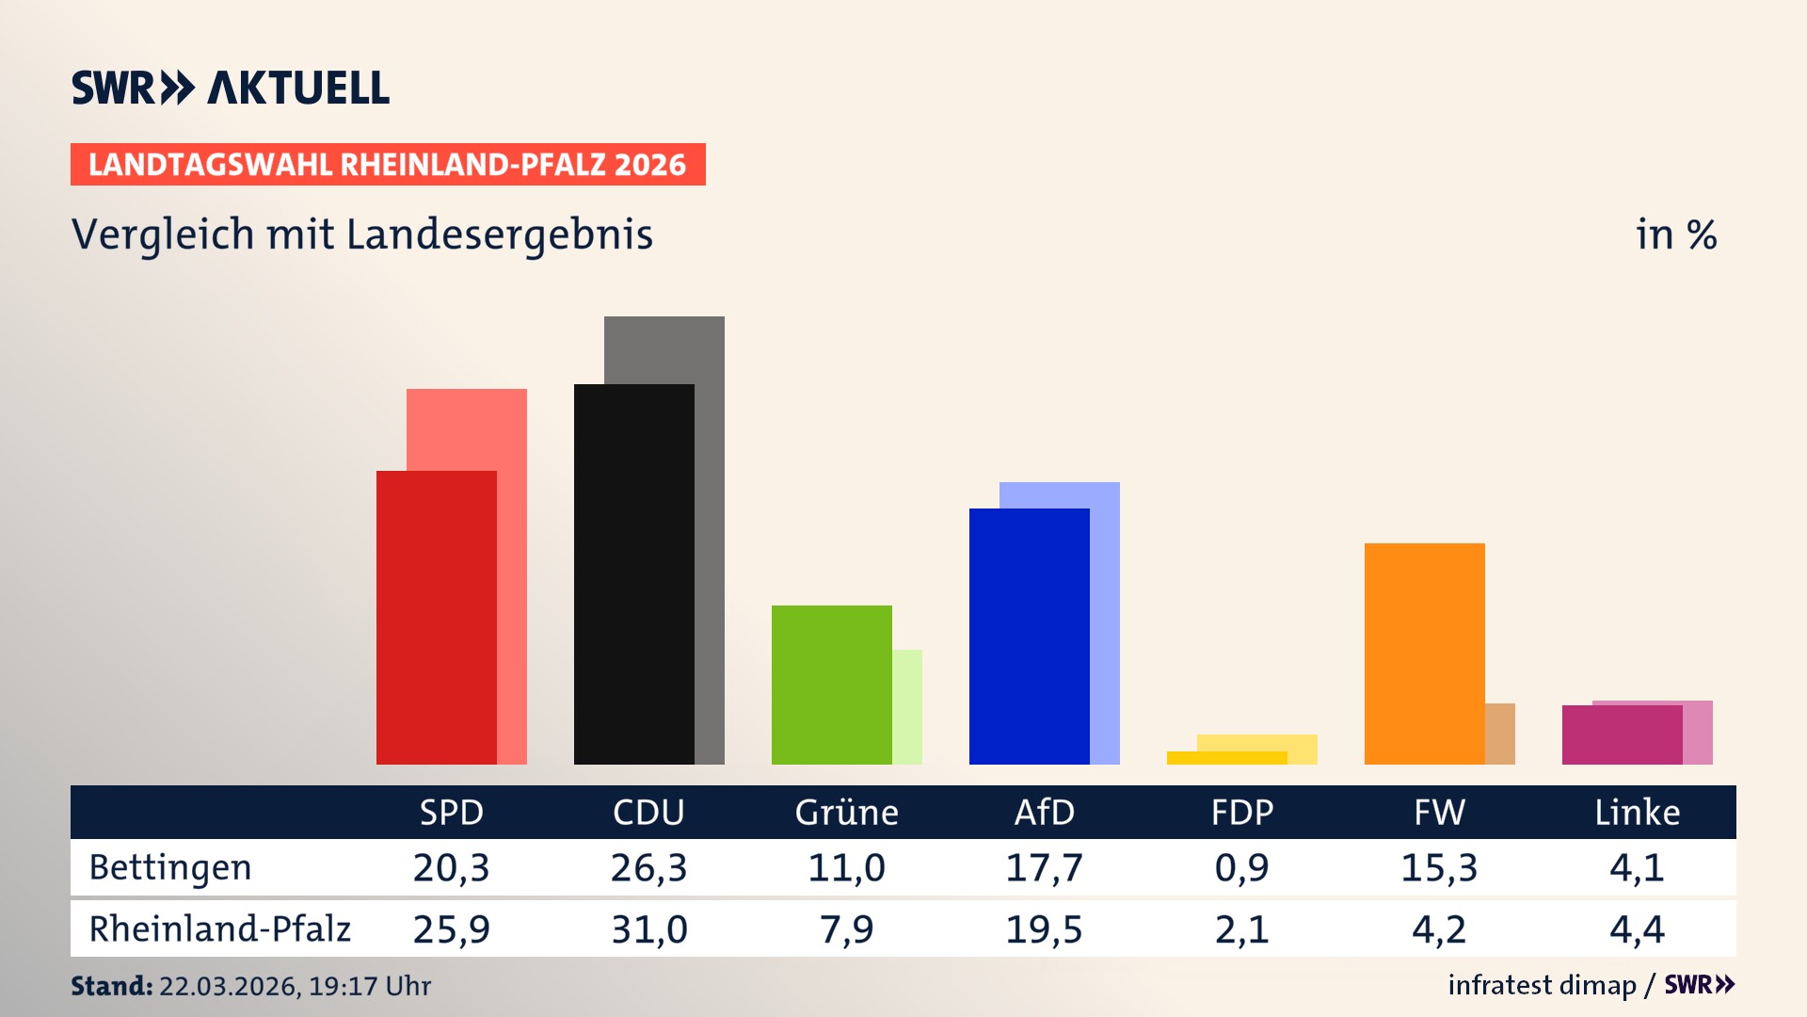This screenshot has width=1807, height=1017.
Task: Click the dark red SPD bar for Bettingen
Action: coord(436,617)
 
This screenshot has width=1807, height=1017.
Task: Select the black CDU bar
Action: coord(633,574)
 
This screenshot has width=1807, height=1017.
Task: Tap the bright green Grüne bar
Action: coord(831,685)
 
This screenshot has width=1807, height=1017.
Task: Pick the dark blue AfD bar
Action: coord(1029,636)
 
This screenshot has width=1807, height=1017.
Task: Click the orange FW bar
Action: coord(1424,654)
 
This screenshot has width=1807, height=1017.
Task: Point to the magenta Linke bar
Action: coord(1622,734)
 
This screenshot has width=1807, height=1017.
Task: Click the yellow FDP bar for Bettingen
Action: coord(1226,758)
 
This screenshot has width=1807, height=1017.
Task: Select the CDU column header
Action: coord(648,812)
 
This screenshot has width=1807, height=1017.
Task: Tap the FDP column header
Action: coord(1241,812)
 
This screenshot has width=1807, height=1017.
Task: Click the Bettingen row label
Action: coord(170,867)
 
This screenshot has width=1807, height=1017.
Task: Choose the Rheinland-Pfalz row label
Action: coord(219,929)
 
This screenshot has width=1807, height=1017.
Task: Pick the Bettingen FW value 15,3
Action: coord(1439,867)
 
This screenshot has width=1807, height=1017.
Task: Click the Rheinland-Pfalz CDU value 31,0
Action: coord(648,929)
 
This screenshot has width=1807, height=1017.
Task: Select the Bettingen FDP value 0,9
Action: coord(1241,867)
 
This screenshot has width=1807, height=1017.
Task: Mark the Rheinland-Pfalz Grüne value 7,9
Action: coord(846,929)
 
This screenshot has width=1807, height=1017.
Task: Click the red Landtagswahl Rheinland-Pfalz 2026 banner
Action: coord(388,165)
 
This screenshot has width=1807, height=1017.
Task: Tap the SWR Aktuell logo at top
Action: coord(231,88)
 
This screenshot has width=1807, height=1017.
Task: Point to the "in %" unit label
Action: coord(1675,234)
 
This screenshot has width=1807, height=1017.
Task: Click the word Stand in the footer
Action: coord(111,986)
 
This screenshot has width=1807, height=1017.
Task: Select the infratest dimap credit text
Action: coord(1542,985)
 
